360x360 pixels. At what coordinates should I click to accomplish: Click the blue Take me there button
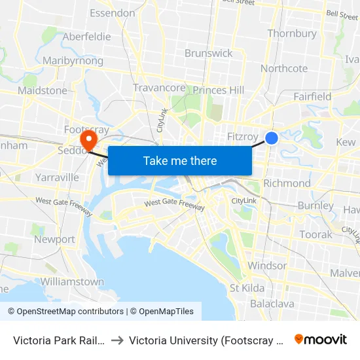[180, 160]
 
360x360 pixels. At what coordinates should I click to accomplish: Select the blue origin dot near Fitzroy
[272, 138]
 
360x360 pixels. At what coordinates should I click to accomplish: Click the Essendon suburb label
[112, 13]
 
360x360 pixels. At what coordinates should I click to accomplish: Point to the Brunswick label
[208, 53]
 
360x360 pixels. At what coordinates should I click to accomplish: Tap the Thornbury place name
[292, 33]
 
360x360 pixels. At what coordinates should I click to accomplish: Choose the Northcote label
[284, 68]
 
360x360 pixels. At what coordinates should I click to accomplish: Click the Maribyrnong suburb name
[73, 61]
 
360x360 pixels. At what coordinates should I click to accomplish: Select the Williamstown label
[72, 281]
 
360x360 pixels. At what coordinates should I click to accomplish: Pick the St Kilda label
[247, 288]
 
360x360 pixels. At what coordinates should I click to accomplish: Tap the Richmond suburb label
[287, 183]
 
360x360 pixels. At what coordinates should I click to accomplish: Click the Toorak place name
[315, 234]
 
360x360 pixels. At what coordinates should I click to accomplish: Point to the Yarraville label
[58, 177]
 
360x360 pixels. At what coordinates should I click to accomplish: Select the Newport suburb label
[54, 240]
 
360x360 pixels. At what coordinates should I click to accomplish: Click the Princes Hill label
[219, 90]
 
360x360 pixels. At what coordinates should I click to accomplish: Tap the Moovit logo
[321, 339]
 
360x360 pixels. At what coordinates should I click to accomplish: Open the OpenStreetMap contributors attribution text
[65, 312]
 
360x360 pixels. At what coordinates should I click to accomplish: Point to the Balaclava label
[272, 304]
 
